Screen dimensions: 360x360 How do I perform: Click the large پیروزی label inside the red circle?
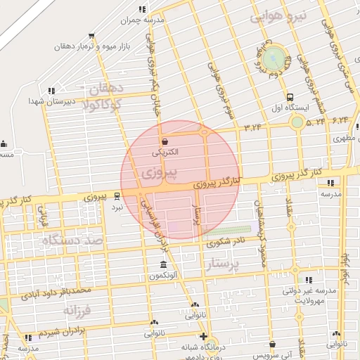tap(158, 172)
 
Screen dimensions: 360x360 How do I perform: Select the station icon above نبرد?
tap(117, 196)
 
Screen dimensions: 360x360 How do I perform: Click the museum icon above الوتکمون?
tap(163, 265)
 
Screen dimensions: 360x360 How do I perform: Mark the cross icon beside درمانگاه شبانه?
tap(203, 336)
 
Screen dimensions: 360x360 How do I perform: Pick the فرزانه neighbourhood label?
tap(77, 310)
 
